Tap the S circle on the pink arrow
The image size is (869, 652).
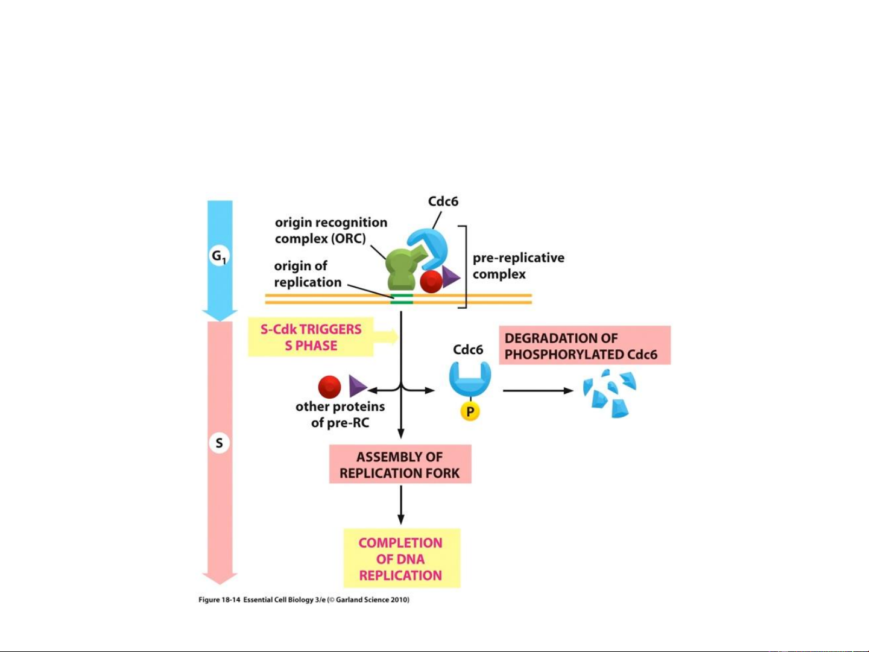[x=219, y=443]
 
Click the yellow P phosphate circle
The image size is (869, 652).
[x=470, y=412]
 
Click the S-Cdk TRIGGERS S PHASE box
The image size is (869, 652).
[x=311, y=338]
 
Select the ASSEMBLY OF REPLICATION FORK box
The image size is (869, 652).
[x=400, y=464]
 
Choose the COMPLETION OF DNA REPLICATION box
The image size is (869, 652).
[x=401, y=559]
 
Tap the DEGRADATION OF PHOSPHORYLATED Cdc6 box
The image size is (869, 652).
[x=584, y=346]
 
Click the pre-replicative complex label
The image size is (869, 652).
[x=518, y=266]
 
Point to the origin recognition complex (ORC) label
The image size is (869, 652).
[x=330, y=230]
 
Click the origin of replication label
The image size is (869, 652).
[x=308, y=274]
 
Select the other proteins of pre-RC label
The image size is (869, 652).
[x=340, y=414]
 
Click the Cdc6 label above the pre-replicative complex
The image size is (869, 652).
[x=443, y=201]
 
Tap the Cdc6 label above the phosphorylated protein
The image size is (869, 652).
[x=468, y=350]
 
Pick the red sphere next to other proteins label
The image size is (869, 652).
[x=329, y=387]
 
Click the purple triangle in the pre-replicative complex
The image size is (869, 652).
[x=450, y=277]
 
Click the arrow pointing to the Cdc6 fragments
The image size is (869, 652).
[x=538, y=391]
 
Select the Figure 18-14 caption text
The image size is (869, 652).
[x=304, y=600]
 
